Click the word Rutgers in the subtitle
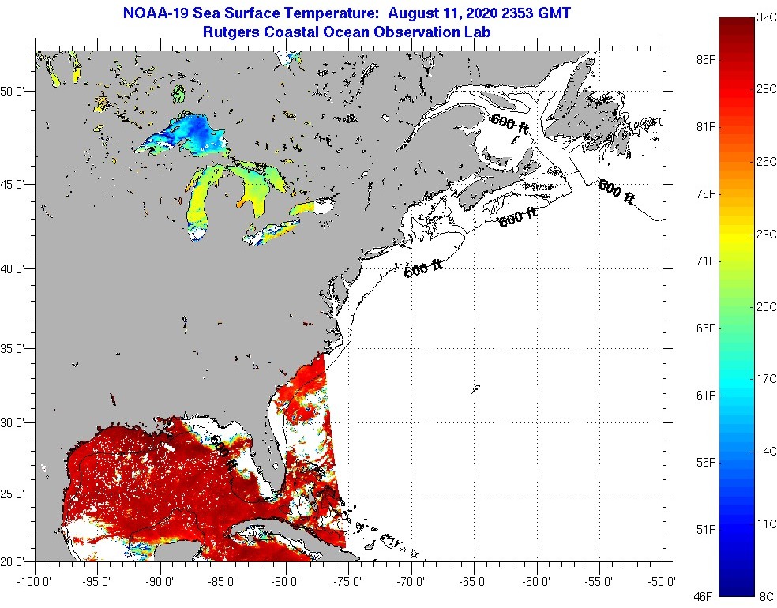click(230, 32)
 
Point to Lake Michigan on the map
click(202, 201)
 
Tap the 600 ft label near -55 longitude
click(616, 192)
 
